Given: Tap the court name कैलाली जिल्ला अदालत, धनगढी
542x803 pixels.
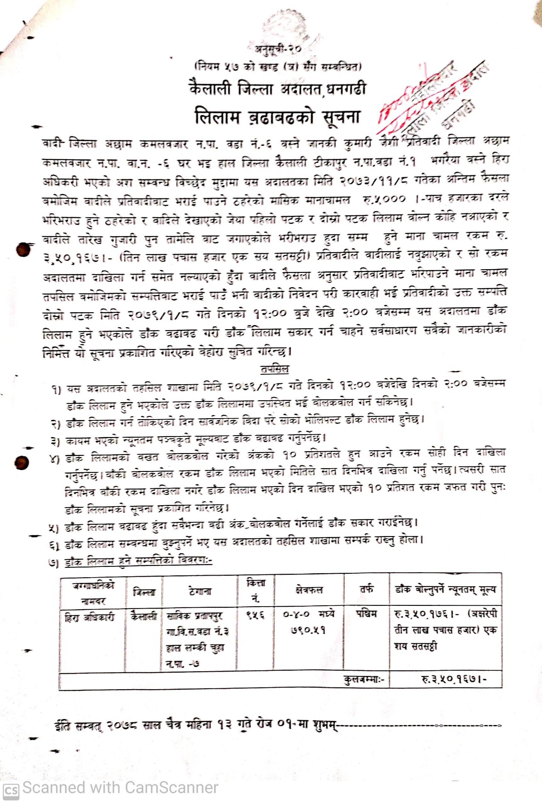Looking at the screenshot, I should (x=277, y=88).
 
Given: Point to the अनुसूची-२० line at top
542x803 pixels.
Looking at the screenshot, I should (x=279, y=49).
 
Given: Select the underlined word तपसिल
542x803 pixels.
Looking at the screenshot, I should (x=275, y=369).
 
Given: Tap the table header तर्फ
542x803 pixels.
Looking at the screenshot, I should (x=367, y=589).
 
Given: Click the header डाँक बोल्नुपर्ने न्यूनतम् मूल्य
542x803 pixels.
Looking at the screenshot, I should (x=445, y=589).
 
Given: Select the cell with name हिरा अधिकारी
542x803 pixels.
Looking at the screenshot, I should (x=90, y=617).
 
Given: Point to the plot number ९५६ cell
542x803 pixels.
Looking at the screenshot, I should (x=255, y=615).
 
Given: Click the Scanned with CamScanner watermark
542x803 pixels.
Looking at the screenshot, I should (x=120, y=788).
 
